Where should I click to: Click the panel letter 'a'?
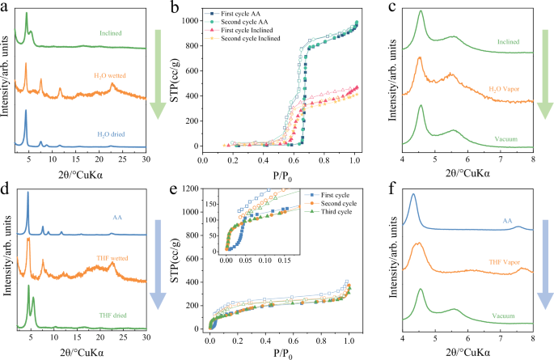coord(6,7)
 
